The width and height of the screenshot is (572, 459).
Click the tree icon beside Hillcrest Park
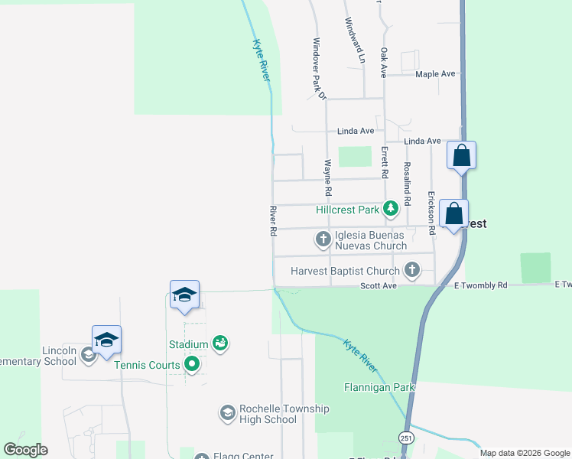[391, 208]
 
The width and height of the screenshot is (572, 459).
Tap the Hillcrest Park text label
[348, 209]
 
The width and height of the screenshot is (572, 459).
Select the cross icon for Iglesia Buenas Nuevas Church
[323, 240]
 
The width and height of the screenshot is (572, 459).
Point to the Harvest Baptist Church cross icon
[412, 269]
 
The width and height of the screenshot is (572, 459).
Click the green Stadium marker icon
[221, 344]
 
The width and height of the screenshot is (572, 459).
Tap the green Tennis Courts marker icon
[192, 365]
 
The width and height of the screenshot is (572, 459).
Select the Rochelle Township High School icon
[227, 413]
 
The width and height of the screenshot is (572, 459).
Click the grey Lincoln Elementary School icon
[89, 354]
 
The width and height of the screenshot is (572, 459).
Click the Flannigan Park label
[379, 387]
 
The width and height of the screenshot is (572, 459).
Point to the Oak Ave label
[384, 61]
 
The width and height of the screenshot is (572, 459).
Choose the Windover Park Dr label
[319, 69]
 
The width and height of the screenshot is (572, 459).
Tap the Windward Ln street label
[356, 40]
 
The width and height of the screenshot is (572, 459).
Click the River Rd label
[272, 220]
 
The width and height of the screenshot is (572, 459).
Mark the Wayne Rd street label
[328, 175]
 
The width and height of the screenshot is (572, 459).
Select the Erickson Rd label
[431, 212]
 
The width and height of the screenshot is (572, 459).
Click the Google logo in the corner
[25, 450]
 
